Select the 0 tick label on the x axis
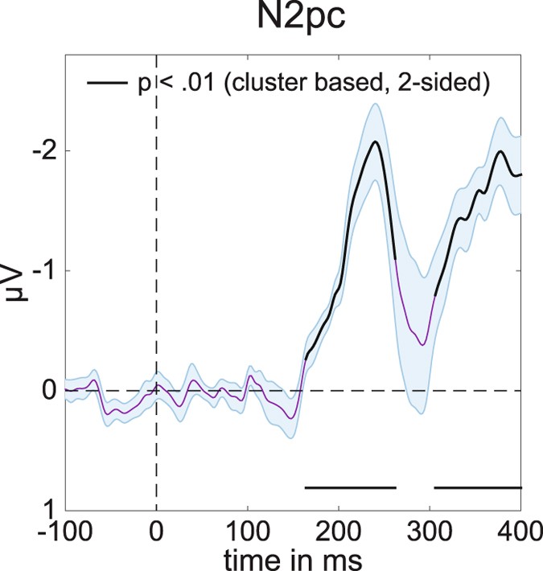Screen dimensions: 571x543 (x=156, y=530)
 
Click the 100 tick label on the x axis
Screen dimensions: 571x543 (x=248, y=530)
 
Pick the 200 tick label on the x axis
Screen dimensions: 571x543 (x=339, y=530)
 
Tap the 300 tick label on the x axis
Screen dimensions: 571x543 (x=430, y=530)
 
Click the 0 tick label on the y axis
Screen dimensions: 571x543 (x=48, y=391)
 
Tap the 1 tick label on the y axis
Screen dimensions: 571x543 (x=48, y=510)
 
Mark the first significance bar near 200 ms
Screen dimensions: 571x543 (x=350, y=487)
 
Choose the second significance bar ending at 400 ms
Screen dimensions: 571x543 (x=478, y=487)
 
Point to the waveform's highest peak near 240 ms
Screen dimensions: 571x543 (x=375, y=142)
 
